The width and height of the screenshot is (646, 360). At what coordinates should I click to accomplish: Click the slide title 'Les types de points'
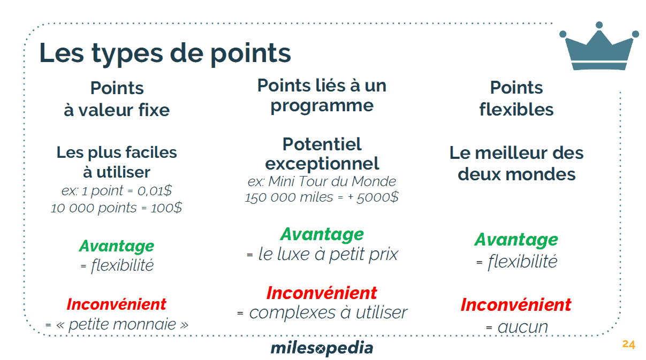[165, 53]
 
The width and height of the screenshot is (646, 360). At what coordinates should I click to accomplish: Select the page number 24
[628, 344]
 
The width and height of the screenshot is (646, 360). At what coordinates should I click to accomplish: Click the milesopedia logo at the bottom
[322, 348]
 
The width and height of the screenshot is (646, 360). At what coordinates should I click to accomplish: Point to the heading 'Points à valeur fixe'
[117, 99]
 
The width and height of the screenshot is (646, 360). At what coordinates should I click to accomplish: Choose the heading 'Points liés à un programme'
[322, 95]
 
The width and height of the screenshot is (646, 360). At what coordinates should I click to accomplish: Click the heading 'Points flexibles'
[516, 98]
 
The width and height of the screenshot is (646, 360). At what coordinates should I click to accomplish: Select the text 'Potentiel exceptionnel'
[322, 154]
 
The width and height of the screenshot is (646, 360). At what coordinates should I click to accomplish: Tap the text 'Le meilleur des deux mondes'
[516, 163]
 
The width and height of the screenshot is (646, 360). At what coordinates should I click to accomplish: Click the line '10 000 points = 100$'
[117, 208]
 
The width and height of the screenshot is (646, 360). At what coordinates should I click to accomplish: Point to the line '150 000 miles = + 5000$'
[322, 197]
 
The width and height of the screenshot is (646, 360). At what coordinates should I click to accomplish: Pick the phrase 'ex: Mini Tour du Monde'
[322, 181]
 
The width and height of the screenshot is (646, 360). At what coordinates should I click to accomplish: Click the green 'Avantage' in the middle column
[322, 234]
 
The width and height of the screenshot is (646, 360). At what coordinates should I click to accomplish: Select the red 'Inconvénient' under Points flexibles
[516, 305]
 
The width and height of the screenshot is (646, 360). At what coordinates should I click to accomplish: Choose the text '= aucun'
[516, 326]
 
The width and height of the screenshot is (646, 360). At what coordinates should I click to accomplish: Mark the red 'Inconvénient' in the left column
[117, 304]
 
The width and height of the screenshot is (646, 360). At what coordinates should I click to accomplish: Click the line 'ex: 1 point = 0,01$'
[117, 191]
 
